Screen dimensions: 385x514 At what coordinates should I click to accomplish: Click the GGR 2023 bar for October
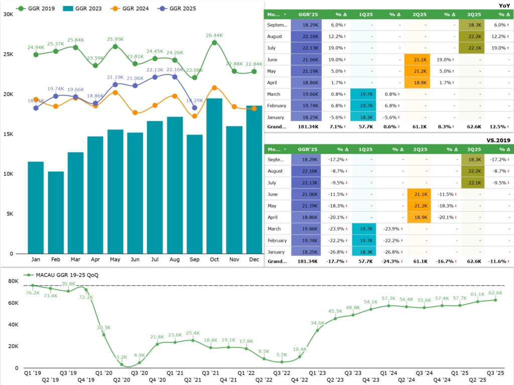214,175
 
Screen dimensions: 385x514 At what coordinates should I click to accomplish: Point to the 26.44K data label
214,36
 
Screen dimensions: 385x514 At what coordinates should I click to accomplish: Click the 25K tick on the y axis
8,54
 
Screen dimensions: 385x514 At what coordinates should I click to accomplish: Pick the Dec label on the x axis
254,260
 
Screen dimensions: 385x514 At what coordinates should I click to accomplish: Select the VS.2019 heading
499,141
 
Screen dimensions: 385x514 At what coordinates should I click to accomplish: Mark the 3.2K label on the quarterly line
121,357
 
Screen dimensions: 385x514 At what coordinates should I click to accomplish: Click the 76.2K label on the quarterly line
33,293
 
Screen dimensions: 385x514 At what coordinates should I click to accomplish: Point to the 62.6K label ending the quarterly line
495,293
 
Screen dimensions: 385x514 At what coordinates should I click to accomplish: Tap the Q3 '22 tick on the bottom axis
282,373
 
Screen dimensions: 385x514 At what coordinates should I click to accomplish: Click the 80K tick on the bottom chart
13,281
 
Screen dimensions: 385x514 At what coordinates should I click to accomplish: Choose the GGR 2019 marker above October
214,43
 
